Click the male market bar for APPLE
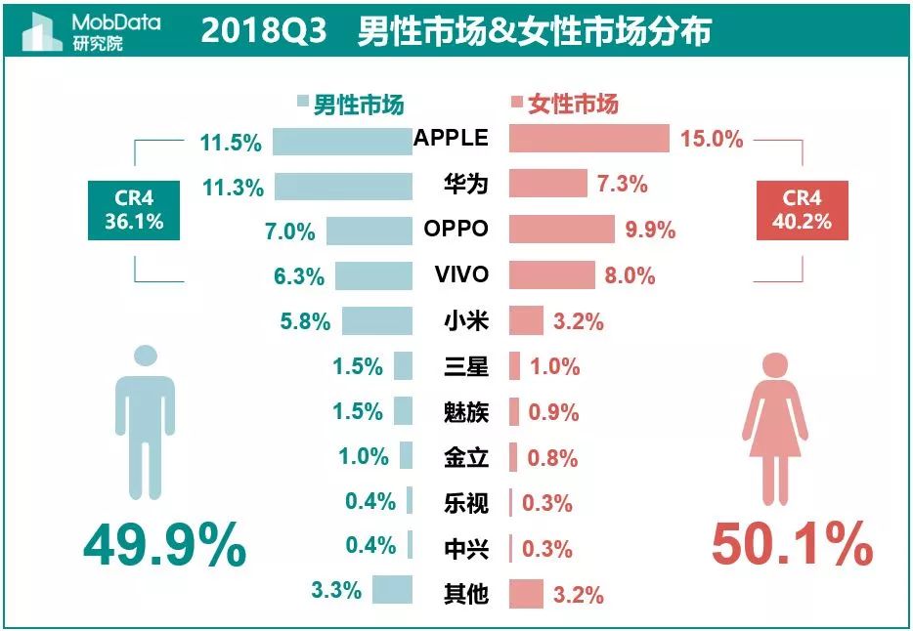(342, 141)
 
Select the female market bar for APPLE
(588, 139)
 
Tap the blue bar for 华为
(343, 186)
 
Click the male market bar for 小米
(376, 320)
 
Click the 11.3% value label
(232, 188)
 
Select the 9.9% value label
(650, 231)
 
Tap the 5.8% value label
(305, 320)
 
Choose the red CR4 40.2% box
(803, 209)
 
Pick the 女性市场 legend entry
(565, 105)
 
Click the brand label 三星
(465, 366)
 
